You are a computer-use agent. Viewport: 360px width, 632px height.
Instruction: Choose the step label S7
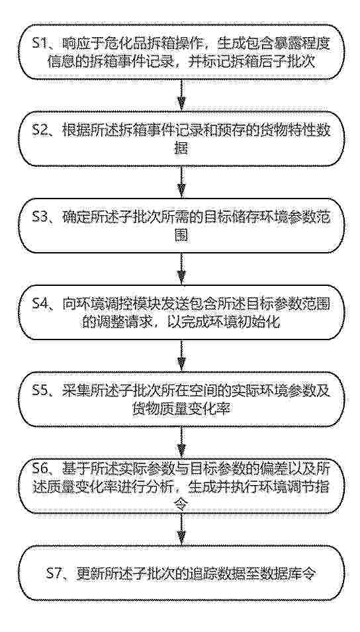pos(54,573)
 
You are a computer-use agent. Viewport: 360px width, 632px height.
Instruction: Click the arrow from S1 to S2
pos(182,95)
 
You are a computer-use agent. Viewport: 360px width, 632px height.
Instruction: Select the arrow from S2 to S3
pos(182,182)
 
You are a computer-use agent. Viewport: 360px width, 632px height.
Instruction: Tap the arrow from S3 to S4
pos(182,269)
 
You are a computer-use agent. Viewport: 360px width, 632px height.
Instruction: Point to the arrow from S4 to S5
pos(182,356)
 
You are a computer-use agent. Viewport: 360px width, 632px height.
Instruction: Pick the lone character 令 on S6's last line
pos(182,504)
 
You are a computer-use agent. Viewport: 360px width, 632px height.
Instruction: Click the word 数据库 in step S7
pos(274,573)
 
